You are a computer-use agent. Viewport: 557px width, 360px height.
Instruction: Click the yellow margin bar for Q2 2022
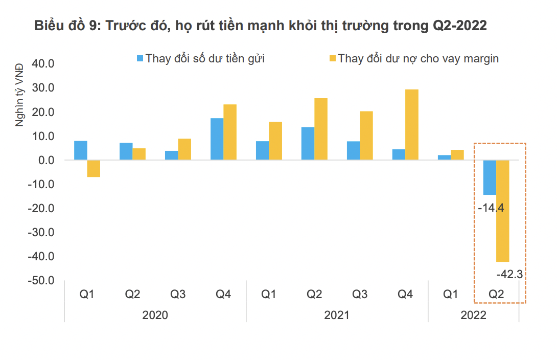[503, 211]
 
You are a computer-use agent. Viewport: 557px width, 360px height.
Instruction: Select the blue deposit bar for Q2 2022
[490, 177]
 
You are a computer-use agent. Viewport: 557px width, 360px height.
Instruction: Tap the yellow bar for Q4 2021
[412, 125]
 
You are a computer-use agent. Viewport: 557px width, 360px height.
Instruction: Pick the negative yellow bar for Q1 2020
[94, 168]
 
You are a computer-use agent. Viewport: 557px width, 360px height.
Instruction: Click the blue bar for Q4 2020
[217, 139]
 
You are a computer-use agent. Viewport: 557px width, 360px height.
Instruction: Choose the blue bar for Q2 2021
[308, 144]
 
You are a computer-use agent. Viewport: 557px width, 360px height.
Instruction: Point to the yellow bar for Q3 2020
[184, 149]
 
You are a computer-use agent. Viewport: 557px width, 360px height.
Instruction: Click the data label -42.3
[509, 275]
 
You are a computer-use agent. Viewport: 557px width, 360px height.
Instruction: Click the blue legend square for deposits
[140, 58]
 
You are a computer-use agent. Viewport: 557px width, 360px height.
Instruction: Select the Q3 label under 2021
[360, 295]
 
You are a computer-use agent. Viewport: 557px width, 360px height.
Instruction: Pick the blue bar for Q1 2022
[444, 157]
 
